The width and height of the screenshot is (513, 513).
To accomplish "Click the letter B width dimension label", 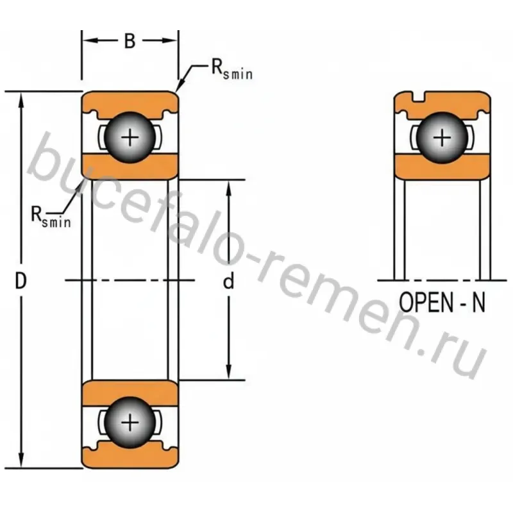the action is (x=130, y=41).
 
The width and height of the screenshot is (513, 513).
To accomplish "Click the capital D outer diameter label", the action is (x=21, y=281).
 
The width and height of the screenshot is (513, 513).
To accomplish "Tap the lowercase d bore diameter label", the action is (x=228, y=281).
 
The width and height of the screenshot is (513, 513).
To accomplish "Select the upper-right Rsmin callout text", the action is (x=232, y=69).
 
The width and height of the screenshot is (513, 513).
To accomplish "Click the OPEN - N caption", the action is (x=442, y=302).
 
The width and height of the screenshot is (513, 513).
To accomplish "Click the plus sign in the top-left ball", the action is (x=130, y=137).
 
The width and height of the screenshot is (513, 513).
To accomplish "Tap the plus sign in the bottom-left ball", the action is (x=130, y=423).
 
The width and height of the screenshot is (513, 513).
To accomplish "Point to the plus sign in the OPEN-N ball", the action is (x=442, y=137).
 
